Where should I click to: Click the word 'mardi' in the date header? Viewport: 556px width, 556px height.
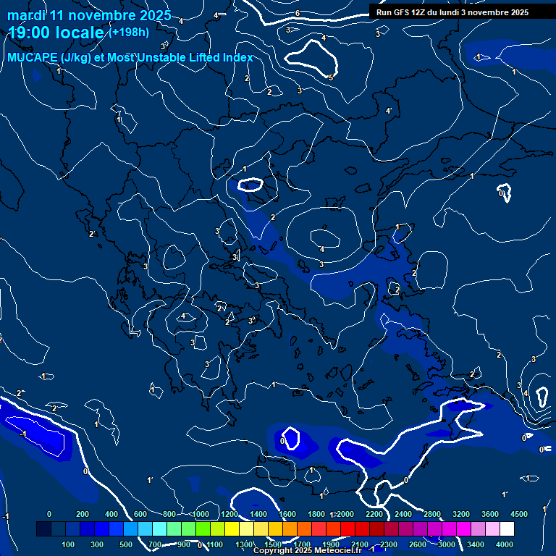coord(27,15)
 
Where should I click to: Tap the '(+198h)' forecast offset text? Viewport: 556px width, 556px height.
coord(129,32)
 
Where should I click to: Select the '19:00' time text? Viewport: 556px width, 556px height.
coord(31,33)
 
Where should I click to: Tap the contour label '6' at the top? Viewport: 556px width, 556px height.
coord(298,14)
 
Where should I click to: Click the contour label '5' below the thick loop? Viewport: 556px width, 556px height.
coord(331,77)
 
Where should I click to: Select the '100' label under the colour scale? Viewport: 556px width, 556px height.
coord(69,544)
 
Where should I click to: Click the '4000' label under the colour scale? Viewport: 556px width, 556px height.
coord(505,544)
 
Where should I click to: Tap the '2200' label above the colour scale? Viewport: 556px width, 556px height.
coord(374,514)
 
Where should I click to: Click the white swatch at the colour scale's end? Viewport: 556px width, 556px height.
coord(507,529)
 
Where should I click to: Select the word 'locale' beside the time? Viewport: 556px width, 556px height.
coord(81,33)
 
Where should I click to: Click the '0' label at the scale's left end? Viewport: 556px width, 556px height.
coord(49,514)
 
